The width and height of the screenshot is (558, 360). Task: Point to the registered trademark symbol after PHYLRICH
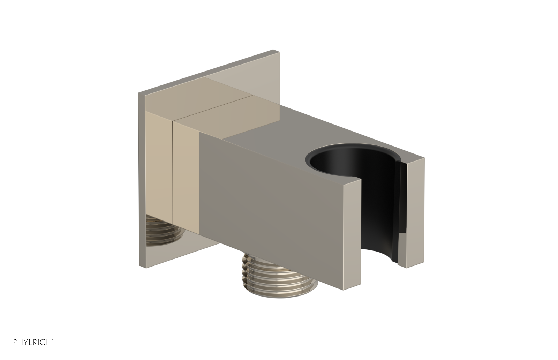53,348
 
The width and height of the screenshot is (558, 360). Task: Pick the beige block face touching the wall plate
159,181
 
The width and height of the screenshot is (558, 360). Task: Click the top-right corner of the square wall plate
279,52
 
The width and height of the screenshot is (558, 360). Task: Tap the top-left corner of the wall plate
138,93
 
